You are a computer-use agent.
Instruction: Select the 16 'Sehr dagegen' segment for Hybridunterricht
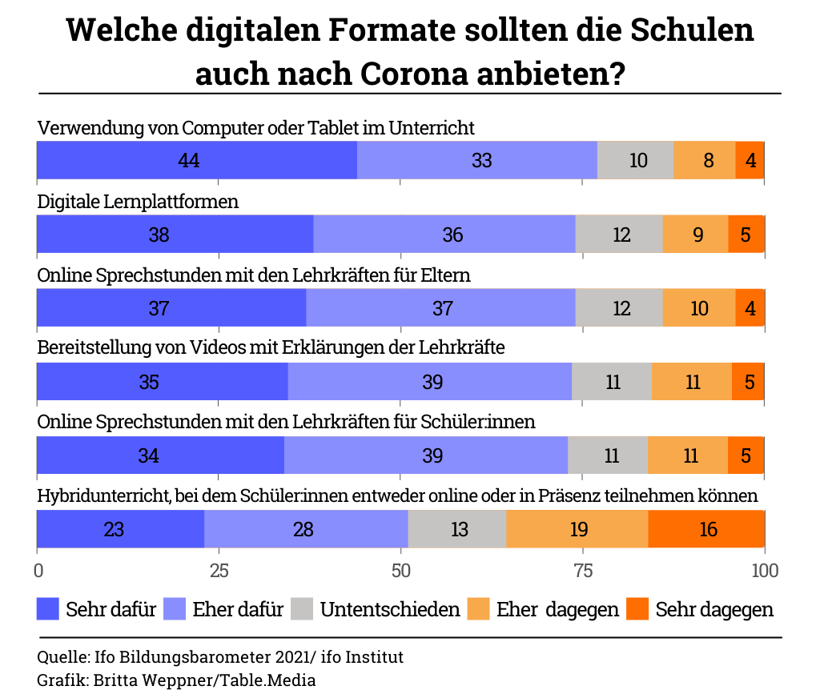(706, 529)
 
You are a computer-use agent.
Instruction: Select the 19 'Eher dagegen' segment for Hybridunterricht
(578, 529)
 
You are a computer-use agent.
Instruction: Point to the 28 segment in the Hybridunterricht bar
(306, 529)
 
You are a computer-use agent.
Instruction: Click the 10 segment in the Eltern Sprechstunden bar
(699, 308)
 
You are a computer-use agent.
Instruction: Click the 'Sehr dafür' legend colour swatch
(49, 609)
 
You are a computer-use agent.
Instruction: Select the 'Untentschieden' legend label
(390, 609)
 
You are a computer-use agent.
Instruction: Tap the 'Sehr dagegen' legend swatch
(637, 609)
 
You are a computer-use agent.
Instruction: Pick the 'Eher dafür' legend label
(238, 609)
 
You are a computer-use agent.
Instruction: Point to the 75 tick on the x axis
(583, 571)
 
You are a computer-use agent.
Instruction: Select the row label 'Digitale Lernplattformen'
(139, 202)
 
